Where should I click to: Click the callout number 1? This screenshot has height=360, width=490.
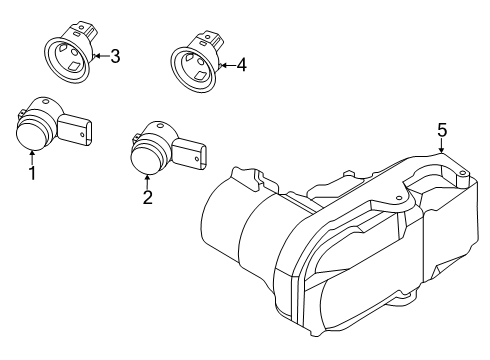point(32,174)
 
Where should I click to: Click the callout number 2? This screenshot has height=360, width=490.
point(147,197)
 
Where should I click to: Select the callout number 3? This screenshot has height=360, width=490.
point(114,56)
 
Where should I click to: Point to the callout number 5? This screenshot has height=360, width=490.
point(442,129)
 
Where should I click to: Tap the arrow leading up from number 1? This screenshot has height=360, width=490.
point(32,155)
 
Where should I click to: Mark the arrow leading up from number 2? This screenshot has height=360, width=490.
point(147,178)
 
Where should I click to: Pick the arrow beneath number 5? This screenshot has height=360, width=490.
point(441,145)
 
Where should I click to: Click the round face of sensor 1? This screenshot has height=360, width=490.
point(32,133)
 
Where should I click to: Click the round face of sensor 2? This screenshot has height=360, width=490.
point(146,156)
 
